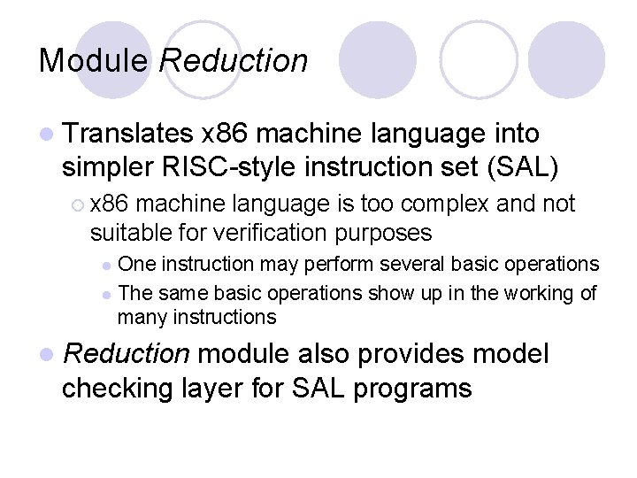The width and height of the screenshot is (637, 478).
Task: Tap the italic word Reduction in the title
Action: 234,61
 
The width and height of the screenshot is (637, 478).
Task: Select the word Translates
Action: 128,134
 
